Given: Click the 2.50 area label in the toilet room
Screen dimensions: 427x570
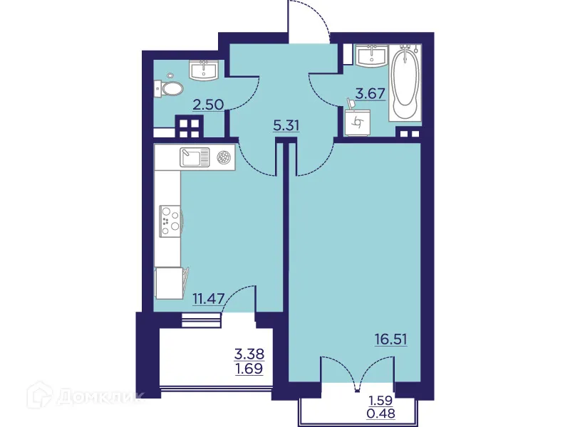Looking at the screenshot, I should pos(209,104).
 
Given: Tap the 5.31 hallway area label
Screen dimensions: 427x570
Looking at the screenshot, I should pos(286,126).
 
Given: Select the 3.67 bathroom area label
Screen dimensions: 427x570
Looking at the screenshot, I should pos(369,92).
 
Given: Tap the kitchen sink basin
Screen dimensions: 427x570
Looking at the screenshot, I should pos(192,157).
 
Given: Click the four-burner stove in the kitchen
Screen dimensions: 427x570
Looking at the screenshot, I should pos(170,220).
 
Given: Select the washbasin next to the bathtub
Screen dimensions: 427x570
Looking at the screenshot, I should pos(371,56).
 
